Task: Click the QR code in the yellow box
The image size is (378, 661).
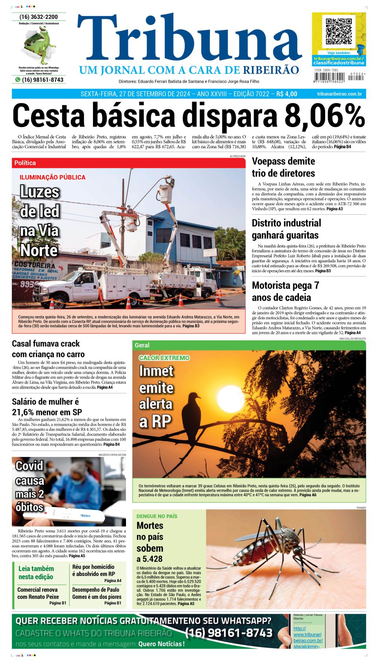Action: point(338,31)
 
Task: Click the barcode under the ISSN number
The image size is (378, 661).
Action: point(329,77)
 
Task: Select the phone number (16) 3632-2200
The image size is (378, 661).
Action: point(39,17)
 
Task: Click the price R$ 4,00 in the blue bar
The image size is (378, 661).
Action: point(287,94)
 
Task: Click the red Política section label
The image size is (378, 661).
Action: point(25,163)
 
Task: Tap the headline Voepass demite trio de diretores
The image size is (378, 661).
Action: point(283,167)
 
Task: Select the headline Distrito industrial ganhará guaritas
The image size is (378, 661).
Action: point(286,229)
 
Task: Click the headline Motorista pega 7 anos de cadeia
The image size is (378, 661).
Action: point(285,291)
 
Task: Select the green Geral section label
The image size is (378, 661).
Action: point(142,345)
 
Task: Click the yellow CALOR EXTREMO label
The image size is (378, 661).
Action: point(164,358)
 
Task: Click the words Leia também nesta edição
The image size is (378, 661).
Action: point(36,573)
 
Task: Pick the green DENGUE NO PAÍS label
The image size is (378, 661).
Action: point(157,516)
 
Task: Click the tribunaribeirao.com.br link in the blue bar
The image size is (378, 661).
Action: point(339,94)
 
